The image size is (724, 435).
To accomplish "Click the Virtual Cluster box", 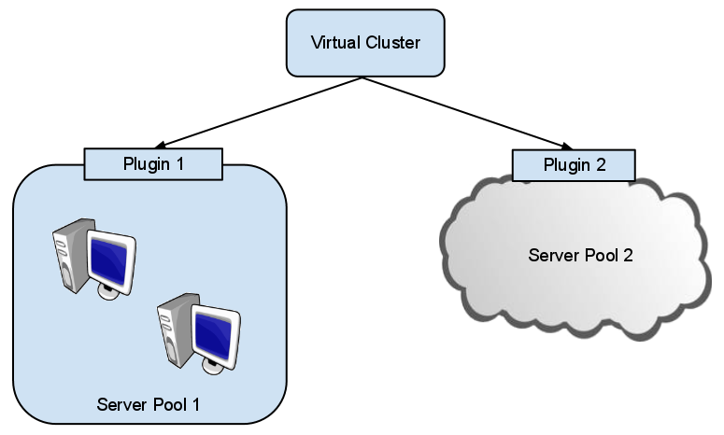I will click(365, 43).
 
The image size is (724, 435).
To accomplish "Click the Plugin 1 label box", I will click(153, 164).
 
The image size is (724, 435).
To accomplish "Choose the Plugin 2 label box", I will click(574, 165).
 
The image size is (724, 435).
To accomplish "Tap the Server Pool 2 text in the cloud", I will click(580, 255).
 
